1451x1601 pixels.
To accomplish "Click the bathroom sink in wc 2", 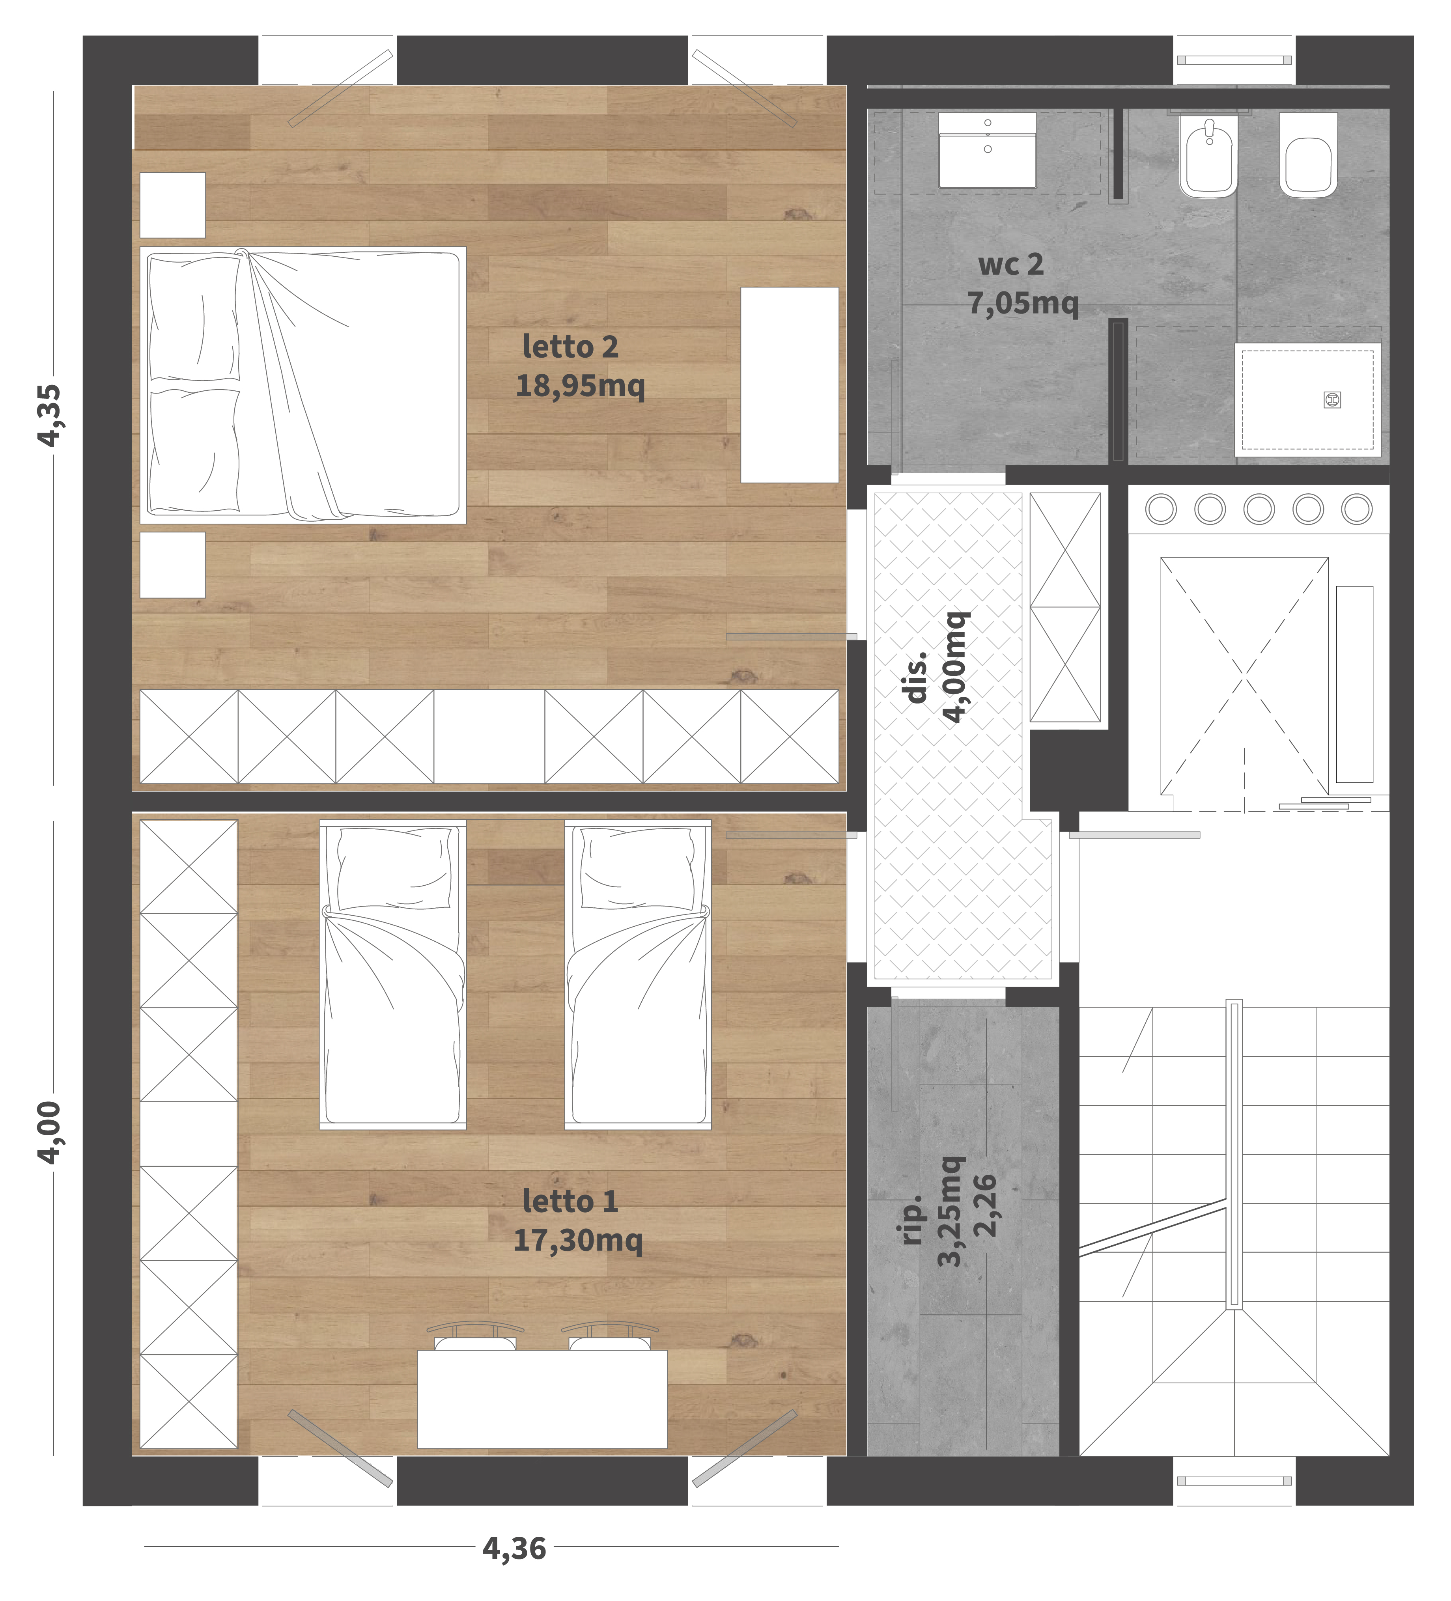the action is point(987,150).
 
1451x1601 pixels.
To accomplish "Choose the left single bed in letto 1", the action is point(392,974).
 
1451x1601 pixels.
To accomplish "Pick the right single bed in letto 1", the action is point(638,974).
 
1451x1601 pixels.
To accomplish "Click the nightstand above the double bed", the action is point(172,205).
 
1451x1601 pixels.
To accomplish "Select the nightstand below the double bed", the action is point(172,565).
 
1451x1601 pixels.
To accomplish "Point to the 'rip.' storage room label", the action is point(913,1219).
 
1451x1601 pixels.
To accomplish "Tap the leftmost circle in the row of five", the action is point(1161,509).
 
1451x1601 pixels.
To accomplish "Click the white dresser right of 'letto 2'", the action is point(790,385).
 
